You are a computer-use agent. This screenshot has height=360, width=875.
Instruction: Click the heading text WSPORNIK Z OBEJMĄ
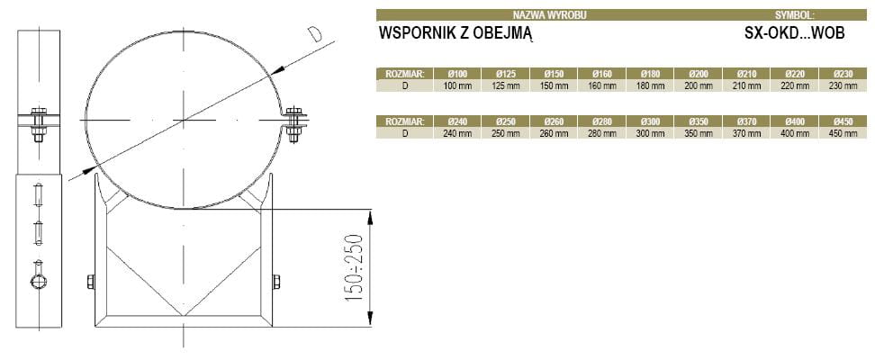pos(457,33)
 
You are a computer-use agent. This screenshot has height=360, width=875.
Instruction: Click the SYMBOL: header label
pos(794,15)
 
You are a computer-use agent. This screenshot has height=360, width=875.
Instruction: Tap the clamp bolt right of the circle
pos(293,123)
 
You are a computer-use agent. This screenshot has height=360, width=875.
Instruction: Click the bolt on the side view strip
pos(39,123)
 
